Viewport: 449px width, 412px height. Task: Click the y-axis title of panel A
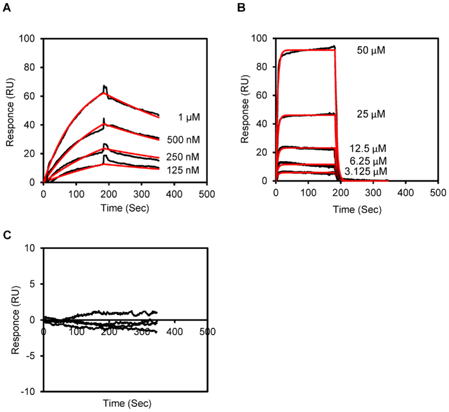12,109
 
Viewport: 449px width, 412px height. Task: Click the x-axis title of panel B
355,209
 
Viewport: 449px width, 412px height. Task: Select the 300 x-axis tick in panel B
373,193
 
